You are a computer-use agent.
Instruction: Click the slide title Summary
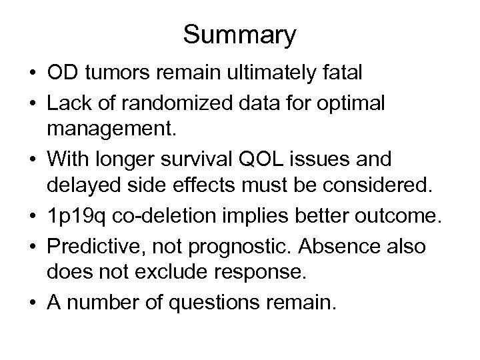click(239, 35)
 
